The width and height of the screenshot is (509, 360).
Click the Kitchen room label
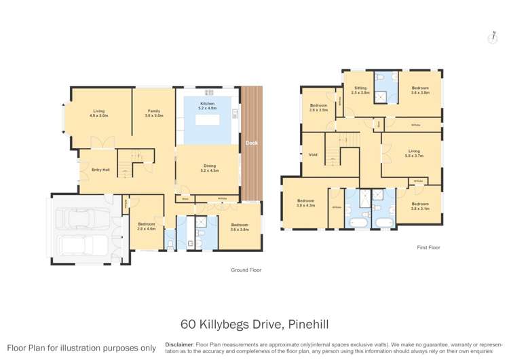pyautogui.click(x=206, y=105)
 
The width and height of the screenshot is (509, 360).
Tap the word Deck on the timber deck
pyautogui.click(x=251, y=143)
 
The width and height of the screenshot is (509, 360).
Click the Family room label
pyautogui.click(x=154, y=113)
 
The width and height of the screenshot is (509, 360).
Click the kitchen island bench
pyautogui.click(x=210, y=119)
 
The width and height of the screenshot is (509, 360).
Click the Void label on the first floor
pyautogui.click(x=313, y=155)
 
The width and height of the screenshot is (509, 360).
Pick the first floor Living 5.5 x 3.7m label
pyautogui.click(x=413, y=153)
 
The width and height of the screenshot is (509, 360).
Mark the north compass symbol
pyautogui.click(x=492, y=37)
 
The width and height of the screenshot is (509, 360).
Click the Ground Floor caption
pyautogui.click(x=246, y=270)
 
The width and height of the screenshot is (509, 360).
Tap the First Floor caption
pyautogui.click(x=428, y=247)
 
